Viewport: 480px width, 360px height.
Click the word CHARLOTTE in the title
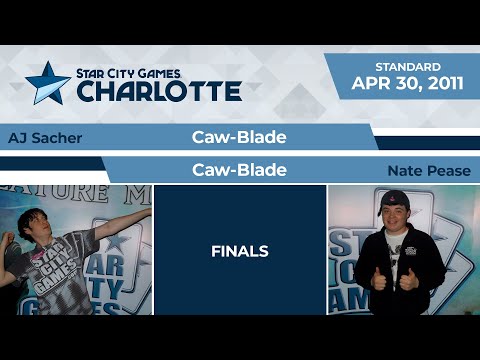159,92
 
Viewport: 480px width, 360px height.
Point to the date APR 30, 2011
407,85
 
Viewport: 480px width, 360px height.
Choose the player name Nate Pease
428,171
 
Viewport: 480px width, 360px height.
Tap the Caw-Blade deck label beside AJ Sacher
239,137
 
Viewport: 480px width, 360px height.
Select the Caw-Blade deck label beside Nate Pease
239,171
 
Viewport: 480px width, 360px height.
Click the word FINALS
239,251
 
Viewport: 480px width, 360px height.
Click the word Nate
405,171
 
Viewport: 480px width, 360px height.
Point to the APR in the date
367,85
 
